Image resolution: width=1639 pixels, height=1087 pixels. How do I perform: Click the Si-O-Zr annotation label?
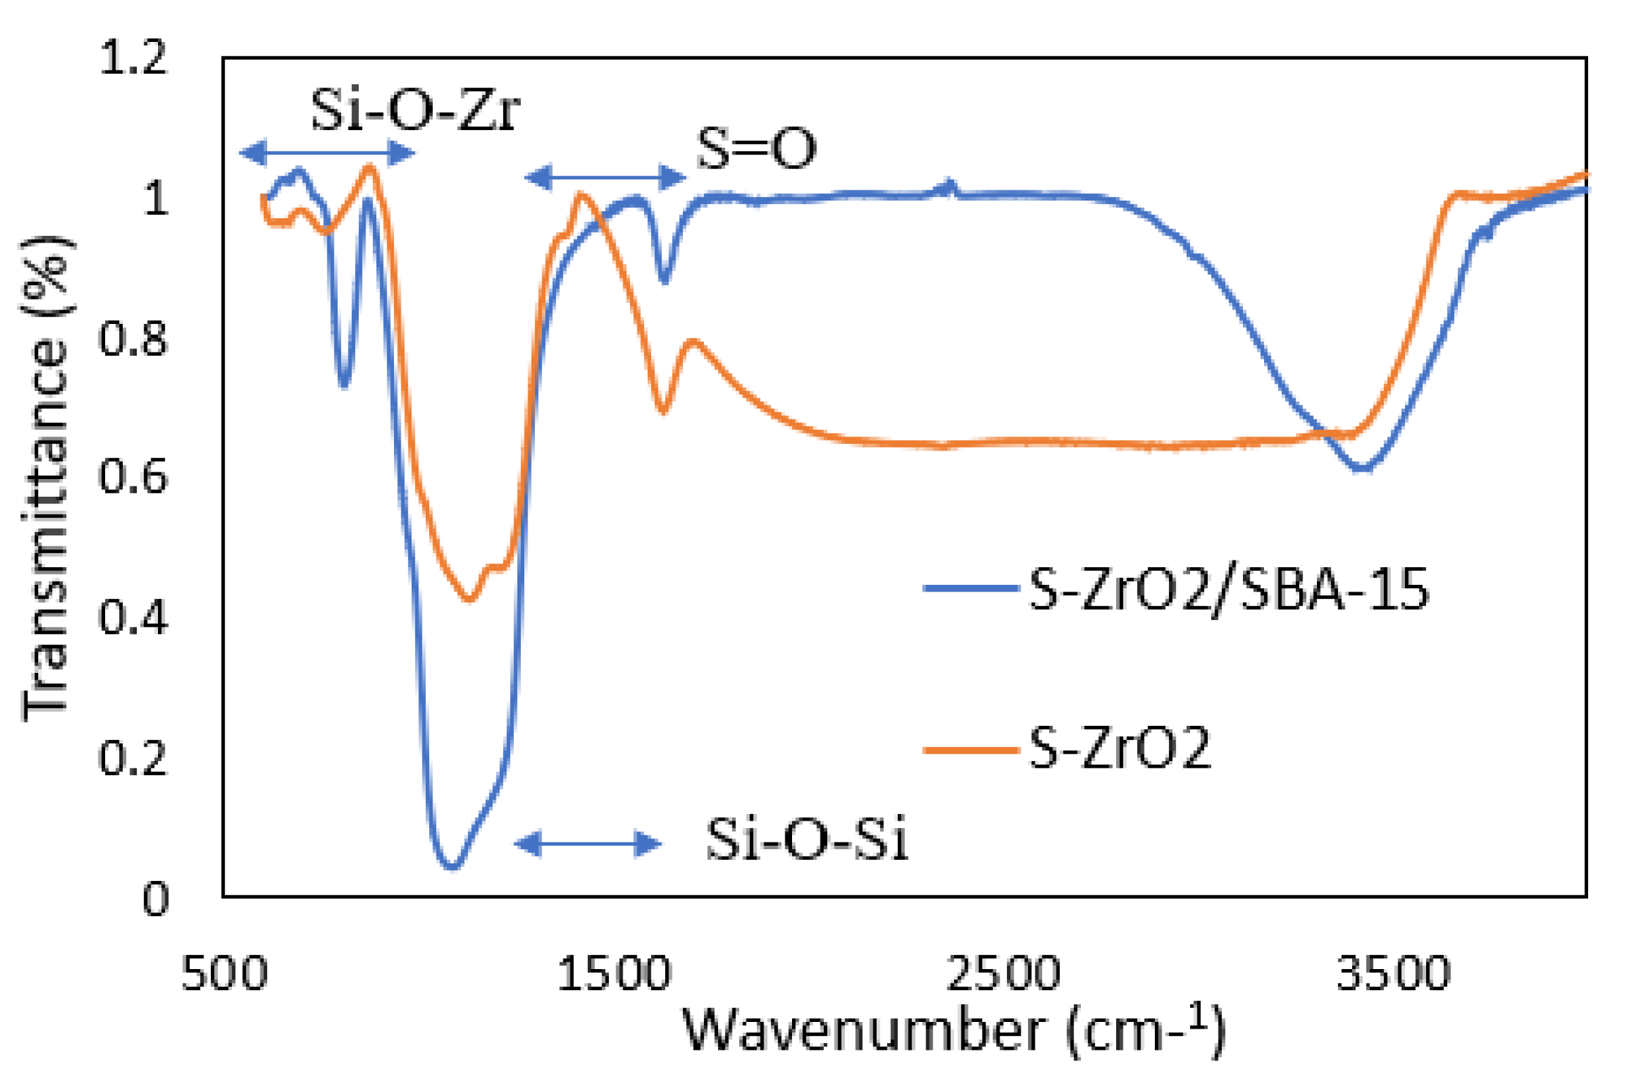pyautogui.click(x=415, y=111)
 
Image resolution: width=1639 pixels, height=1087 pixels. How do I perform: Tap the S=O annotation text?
pyautogui.click(x=756, y=150)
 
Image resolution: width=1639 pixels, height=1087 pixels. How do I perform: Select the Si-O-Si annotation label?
pyautogui.click(x=807, y=840)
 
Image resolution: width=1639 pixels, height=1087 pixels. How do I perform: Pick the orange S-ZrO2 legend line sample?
pyautogui.click(x=971, y=750)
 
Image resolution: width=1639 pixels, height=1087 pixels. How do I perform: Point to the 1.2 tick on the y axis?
pyautogui.click(x=133, y=58)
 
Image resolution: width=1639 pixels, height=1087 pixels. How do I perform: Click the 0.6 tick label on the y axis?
pyautogui.click(x=133, y=477)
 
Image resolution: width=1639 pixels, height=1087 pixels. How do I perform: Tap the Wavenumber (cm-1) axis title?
pyautogui.click(x=953, y=1031)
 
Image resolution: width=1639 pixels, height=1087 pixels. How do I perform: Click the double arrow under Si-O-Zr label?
pyautogui.click(x=327, y=153)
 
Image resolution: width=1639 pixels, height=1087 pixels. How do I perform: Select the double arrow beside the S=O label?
pyautogui.click(x=606, y=178)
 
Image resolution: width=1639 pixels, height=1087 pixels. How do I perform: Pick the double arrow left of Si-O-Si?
pyautogui.click(x=587, y=844)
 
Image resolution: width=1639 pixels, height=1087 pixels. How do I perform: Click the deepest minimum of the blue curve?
pyautogui.click(x=452, y=865)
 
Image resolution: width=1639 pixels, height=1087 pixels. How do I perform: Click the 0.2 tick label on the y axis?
pyautogui.click(x=133, y=758)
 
